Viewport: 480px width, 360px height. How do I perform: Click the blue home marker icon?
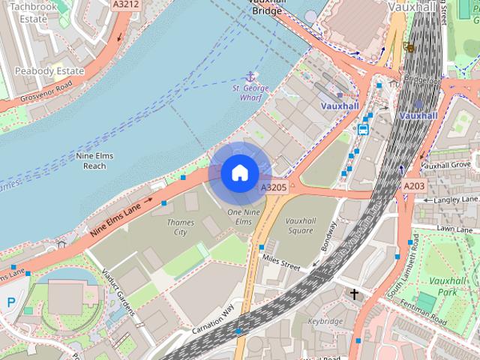(238, 172)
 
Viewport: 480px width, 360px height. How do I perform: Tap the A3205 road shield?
(273, 187)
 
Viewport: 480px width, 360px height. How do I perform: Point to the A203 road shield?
(413, 185)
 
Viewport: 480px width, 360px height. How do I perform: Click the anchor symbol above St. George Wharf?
(250, 76)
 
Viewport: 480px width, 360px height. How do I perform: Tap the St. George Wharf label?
(250, 93)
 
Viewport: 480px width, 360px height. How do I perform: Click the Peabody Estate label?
(49, 71)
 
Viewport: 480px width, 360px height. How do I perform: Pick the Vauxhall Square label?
(310, 226)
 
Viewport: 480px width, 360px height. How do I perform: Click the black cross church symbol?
(354, 294)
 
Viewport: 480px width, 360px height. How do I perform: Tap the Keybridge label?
(325, 321)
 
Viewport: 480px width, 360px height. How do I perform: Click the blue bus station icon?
(363, 129)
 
